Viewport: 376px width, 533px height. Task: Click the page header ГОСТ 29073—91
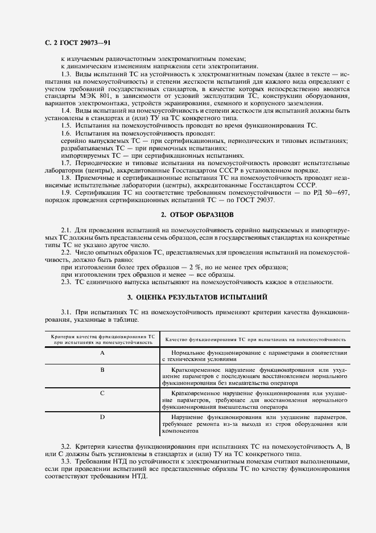pos(73,43)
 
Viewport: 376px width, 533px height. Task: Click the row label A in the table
pos(102,353)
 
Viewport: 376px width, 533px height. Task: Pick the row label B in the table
pos(102,370)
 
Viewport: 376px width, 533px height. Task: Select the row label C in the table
pos(102,393)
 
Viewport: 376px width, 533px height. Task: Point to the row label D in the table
pos(102,417)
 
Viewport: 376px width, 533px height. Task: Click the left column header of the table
pos(103,339)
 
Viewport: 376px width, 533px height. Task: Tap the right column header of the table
pos(255,339)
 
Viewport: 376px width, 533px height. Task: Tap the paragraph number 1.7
pos(66,163)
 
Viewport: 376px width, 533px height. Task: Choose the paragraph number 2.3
pos(66,282)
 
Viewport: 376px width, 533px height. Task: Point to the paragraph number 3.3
pos(66,461)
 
